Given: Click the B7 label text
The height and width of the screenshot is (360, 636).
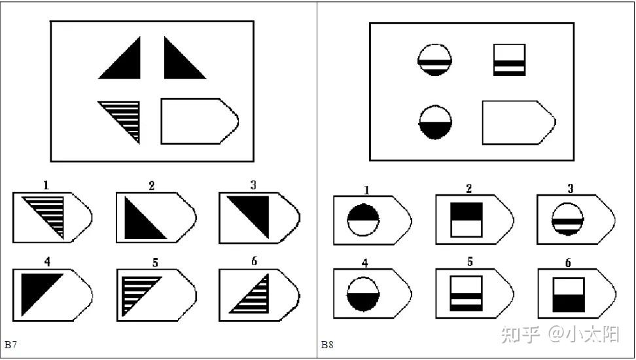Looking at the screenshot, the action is pos(10,345).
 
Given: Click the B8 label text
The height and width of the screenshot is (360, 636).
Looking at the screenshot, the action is pos(327,345).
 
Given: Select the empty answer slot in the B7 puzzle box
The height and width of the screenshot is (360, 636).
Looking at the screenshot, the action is pos(200,121).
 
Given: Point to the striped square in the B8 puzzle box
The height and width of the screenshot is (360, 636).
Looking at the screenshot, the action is pos(510,60).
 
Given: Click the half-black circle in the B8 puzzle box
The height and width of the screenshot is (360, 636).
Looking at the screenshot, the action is pos(435,122).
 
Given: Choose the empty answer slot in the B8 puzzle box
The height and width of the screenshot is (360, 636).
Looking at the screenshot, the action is pos(519,122).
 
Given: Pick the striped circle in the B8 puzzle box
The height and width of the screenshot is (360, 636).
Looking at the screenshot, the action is pos(435,60).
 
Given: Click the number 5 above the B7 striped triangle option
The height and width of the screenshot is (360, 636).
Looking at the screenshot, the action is pos(155,263).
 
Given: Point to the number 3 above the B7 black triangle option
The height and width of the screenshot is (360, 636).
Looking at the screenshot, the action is pos(253,185).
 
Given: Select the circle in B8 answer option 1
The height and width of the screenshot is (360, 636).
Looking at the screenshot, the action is pos(363,220).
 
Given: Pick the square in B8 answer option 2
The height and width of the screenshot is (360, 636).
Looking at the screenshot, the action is pos(467,220).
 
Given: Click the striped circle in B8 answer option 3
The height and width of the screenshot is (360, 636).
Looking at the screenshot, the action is pos(568,219).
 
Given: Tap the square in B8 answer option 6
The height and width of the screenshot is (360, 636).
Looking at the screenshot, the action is pos(569,295).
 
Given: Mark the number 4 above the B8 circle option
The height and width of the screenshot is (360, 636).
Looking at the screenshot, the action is pos(365,263).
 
